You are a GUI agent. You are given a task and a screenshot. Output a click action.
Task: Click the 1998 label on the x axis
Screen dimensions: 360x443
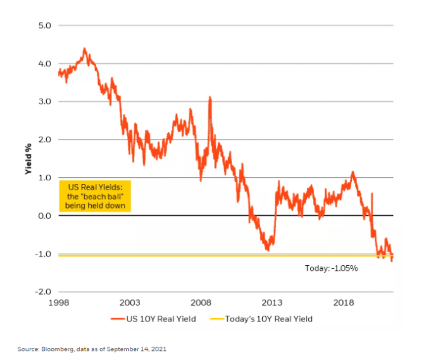tap(58, 302)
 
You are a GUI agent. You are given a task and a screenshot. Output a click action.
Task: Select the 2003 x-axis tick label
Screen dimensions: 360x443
tap(130, 302)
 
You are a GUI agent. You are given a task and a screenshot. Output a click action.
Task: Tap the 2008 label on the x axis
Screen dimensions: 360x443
tap(201, 302)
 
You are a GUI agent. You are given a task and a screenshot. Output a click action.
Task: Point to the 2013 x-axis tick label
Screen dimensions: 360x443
tap(273, 302)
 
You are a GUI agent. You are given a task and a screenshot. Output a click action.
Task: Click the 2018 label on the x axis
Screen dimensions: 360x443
tap(344, 302)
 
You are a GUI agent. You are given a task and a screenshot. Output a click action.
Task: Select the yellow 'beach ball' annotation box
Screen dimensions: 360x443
tap(95, 196)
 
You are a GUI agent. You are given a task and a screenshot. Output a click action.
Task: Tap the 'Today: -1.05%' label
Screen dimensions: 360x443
tap(332, 268)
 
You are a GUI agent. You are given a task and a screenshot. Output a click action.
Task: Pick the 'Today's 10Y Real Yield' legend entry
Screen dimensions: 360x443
tap(268, 319)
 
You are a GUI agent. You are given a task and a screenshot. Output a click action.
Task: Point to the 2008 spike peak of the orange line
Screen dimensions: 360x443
tap(209, 98)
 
